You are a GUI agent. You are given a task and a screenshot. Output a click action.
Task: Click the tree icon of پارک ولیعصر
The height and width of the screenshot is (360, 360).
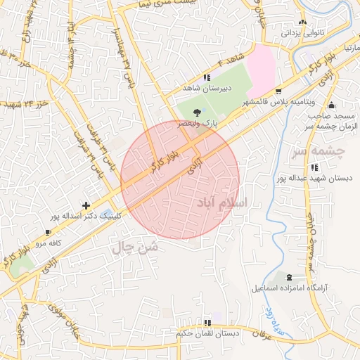[196, 112]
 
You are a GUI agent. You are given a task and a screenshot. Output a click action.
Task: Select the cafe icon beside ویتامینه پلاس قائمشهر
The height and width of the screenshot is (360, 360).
[278, 91]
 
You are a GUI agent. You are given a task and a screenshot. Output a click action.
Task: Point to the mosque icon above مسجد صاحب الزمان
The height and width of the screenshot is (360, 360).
[332, 105]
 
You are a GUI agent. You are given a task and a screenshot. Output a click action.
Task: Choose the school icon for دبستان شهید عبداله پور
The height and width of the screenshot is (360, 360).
[314, 167]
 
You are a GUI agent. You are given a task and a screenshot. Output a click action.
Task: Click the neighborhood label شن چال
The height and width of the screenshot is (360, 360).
[135, 247]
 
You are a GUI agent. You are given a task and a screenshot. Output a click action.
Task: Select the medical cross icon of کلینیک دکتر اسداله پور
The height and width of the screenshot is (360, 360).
[86, 206]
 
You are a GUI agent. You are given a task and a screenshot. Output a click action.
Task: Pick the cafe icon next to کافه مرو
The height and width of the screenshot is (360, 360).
[48, 232]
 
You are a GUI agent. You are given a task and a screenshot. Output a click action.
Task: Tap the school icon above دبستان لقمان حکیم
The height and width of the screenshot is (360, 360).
[207, 321]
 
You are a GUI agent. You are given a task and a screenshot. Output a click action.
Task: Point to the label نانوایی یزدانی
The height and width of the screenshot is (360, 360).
[302, 32]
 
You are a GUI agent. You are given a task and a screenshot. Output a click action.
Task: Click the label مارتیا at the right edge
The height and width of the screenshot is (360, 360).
[351, 46]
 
